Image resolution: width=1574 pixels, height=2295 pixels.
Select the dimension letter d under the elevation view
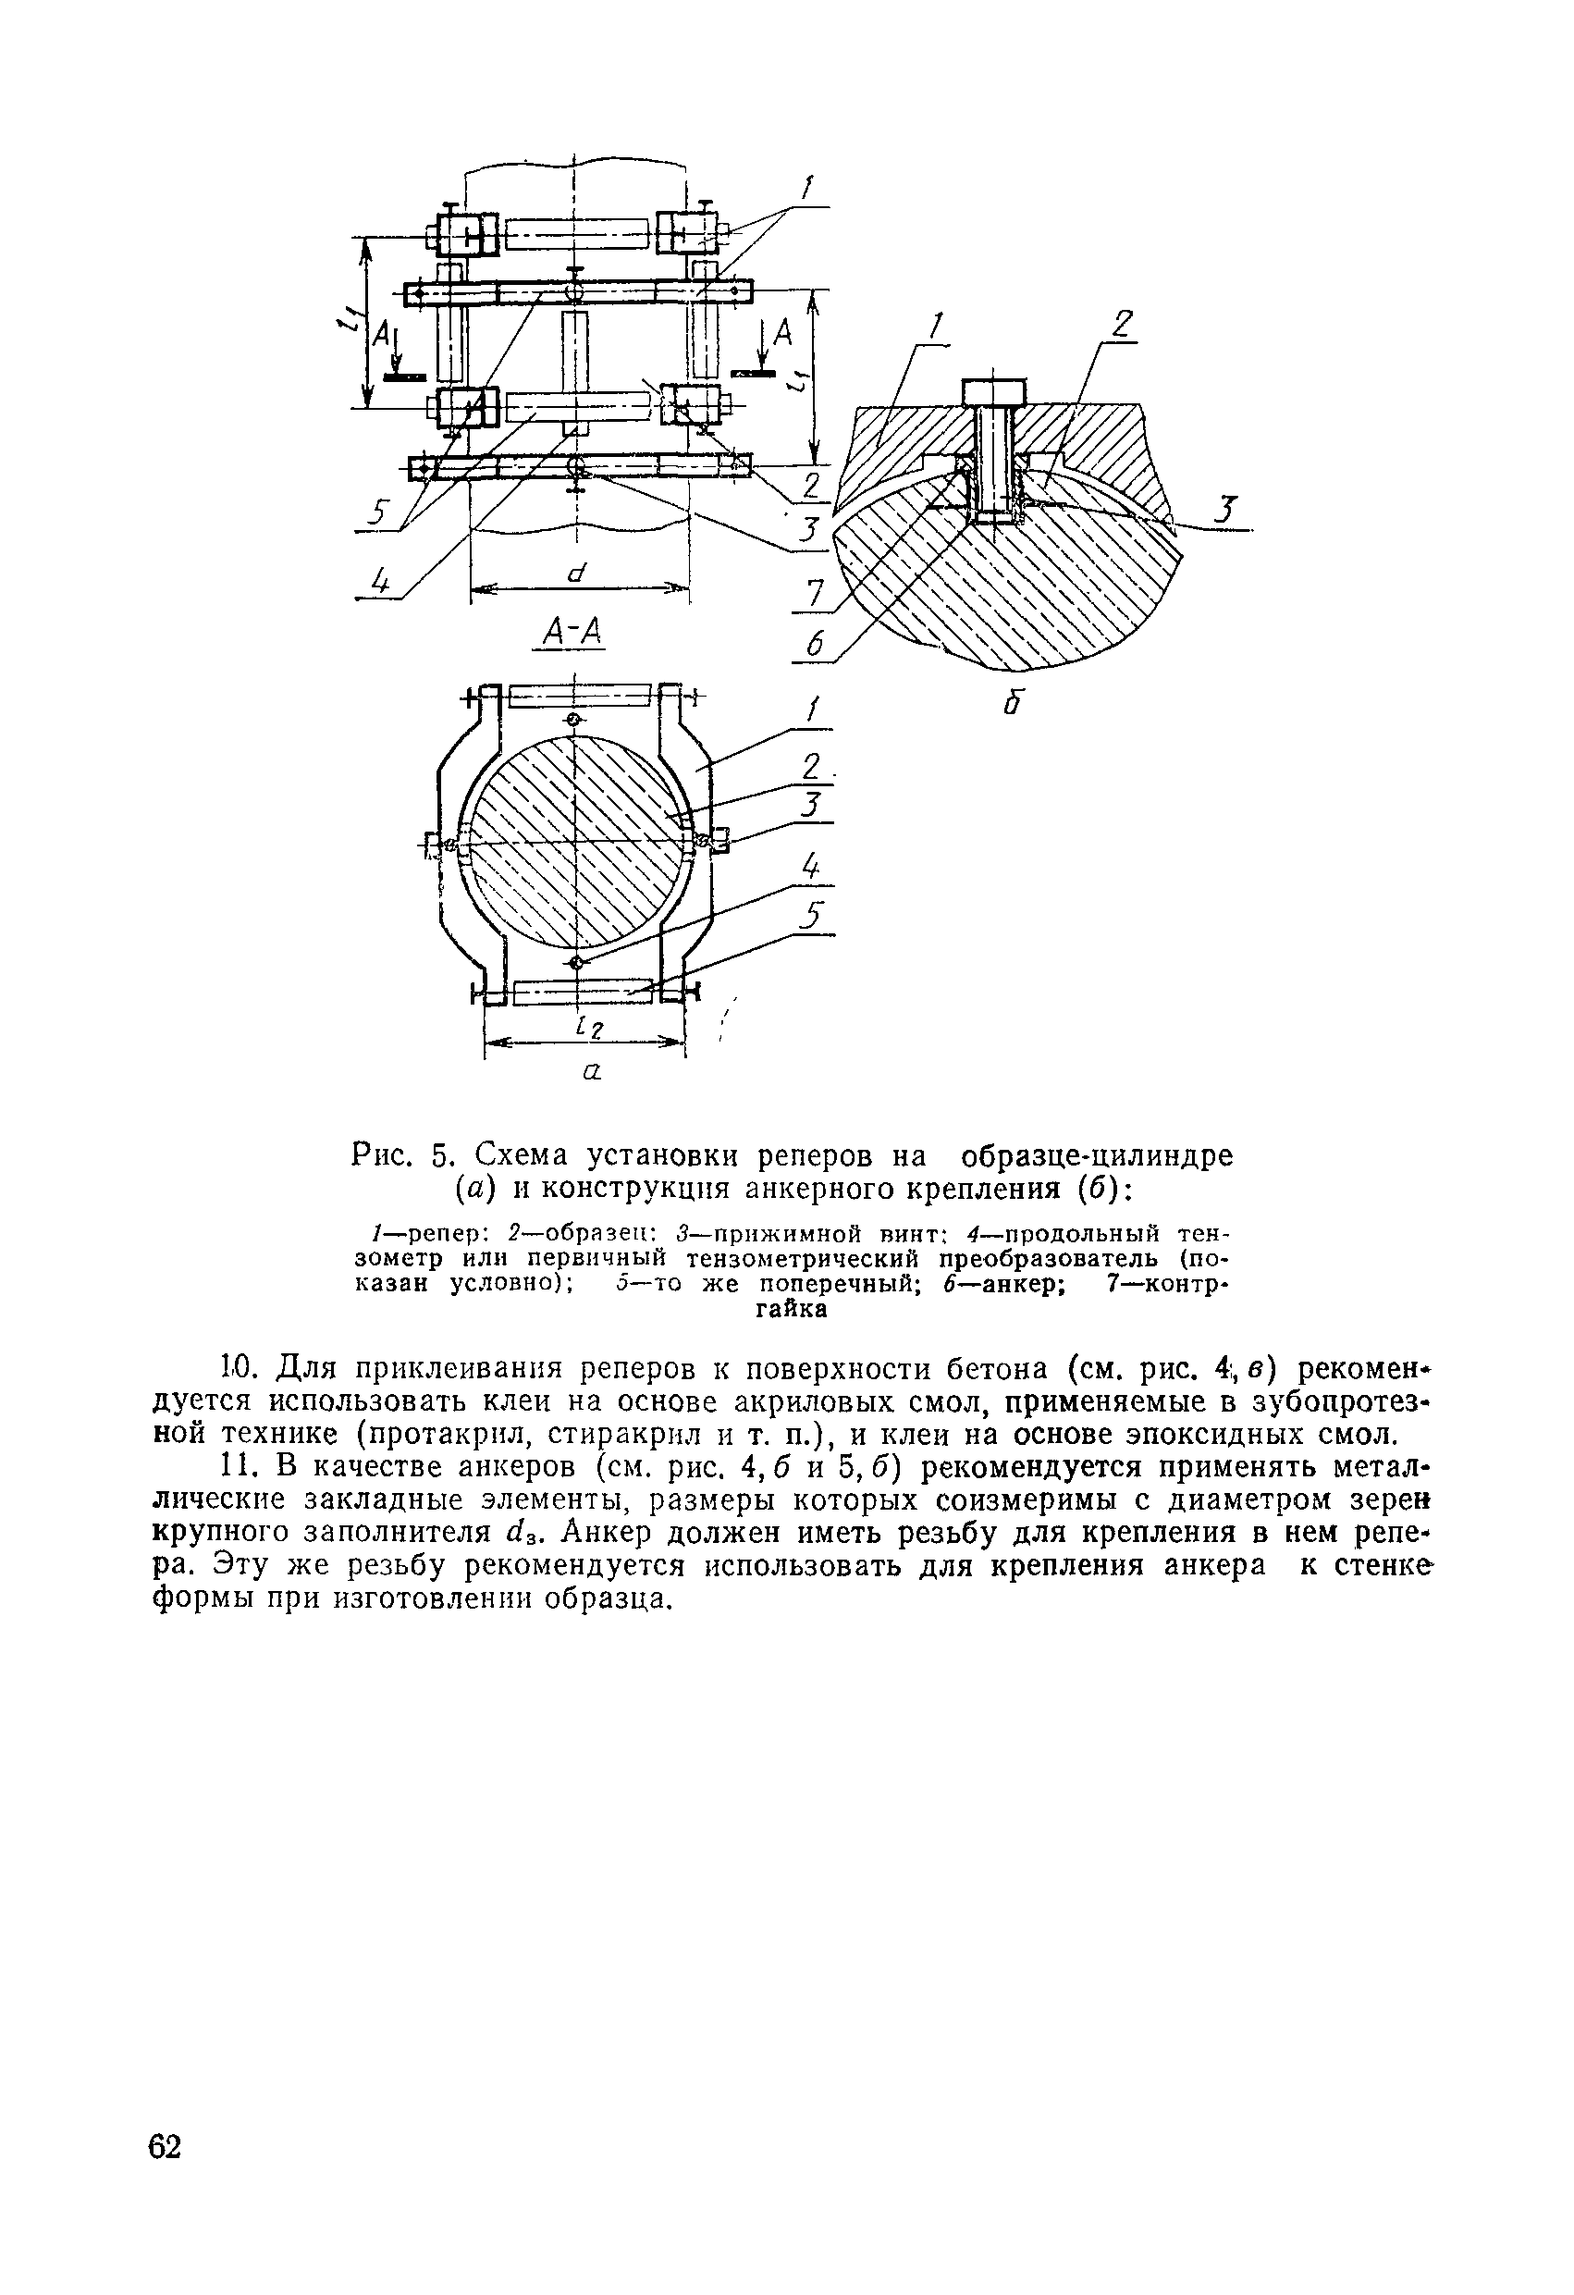click(x=578, y=572)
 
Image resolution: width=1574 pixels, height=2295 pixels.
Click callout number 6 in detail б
click(x=815, y=645)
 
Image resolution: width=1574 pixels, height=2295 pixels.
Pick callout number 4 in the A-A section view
click(x=811, y=868)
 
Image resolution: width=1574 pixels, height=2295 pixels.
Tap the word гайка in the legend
click(x=791, y=1310)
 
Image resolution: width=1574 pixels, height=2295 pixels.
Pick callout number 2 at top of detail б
click(x=1123, y=325)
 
